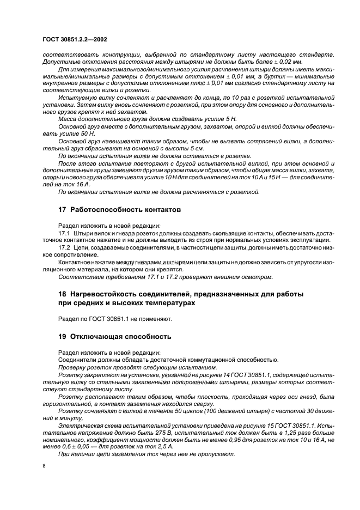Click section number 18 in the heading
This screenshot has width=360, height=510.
tap(62, 294)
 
